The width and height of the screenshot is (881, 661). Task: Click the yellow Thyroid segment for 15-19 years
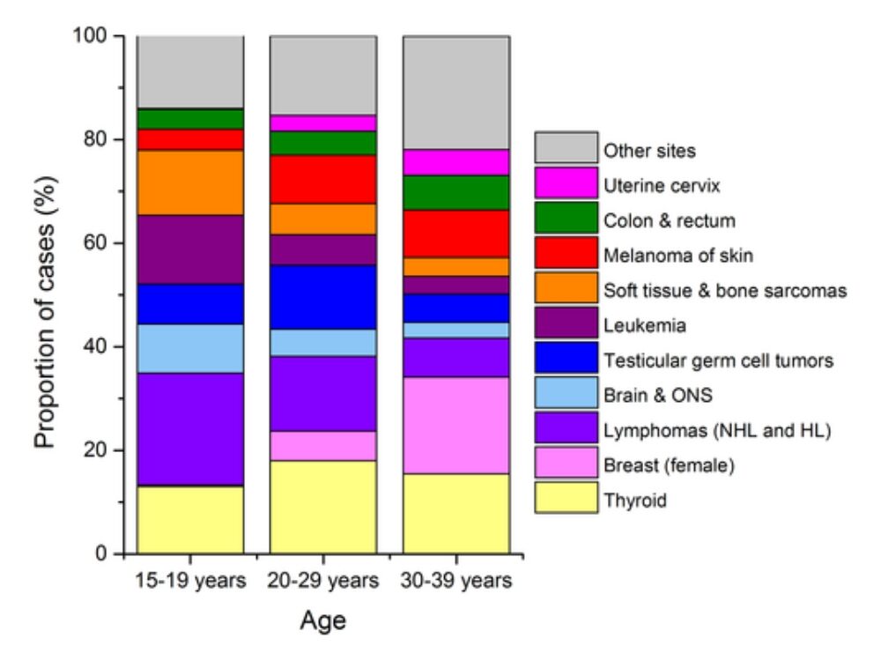(190, 519)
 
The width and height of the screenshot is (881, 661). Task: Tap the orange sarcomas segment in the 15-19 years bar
(190, 182)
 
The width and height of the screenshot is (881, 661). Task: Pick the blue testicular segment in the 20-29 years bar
(323, 297)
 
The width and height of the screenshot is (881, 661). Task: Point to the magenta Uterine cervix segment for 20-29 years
(323, 123)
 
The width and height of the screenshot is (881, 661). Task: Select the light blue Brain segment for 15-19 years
(190, 348)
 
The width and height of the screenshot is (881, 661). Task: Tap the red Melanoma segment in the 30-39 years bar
(456, 234)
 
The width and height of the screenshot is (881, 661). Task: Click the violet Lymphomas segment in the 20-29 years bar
(323, 393)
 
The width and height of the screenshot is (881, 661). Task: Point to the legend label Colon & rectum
(656, 220)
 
